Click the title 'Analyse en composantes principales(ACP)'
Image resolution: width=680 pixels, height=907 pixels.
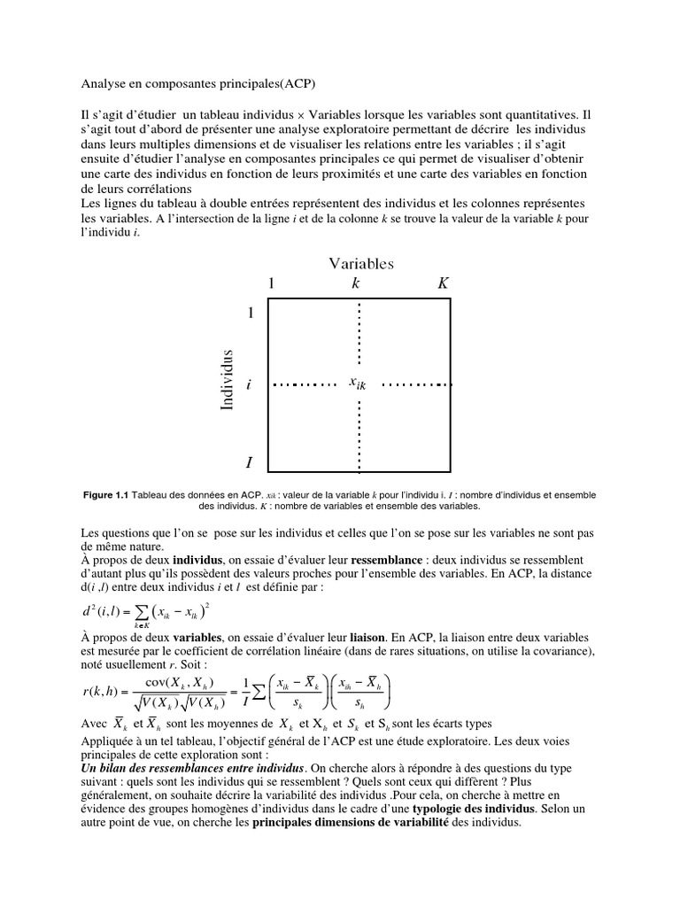[197, 84]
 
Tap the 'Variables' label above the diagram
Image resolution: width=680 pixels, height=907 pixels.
[361, 263]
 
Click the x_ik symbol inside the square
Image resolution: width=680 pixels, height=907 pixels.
[359, 384]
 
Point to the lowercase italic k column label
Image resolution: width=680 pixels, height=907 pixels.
[356, 283]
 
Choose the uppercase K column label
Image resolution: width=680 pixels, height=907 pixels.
[443, 283]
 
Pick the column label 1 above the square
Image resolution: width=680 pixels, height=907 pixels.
[273, 283]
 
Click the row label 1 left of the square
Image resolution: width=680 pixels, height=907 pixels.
[251, 314]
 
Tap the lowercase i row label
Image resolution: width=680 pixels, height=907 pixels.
[251, 385]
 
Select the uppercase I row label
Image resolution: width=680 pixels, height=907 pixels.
[250, 462]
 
